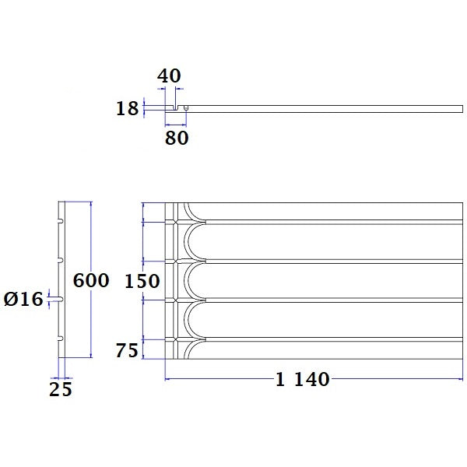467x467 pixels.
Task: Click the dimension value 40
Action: (169, 76)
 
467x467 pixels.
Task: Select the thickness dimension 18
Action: (127, 108)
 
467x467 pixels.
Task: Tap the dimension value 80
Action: (176, 138)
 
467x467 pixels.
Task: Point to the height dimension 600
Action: (91, 280)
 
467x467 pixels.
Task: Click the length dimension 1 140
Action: (304, 379)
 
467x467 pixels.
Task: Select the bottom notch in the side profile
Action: (61, 338)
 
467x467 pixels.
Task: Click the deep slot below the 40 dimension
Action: (177, 107)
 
